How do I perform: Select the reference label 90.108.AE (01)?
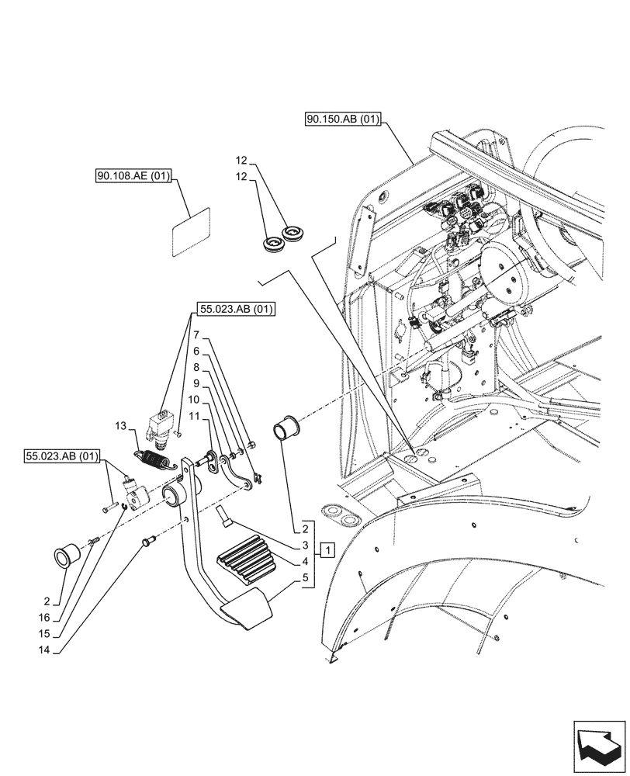click(x=132, y=177)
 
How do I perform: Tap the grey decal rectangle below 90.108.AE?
click(x=191, y=230)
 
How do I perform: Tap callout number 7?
click(x=197, y=335)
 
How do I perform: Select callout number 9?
click(x=197, y=384)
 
